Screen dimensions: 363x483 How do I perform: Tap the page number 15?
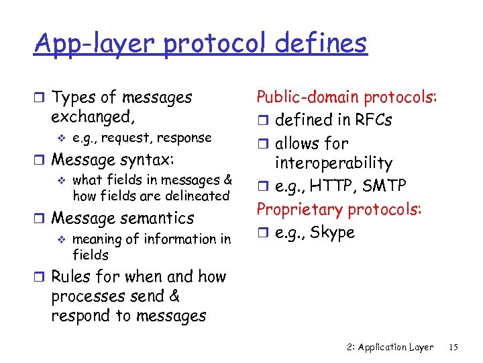coord(453,347)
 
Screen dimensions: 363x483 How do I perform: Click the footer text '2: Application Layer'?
coord(390,347)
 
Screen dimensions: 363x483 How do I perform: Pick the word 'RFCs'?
coord(369,120)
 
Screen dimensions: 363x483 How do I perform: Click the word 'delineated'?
coord(195,196)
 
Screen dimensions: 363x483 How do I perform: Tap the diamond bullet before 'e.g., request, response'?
coord(62,138)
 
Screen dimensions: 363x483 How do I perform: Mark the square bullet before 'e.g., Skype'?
coord(262,233)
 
